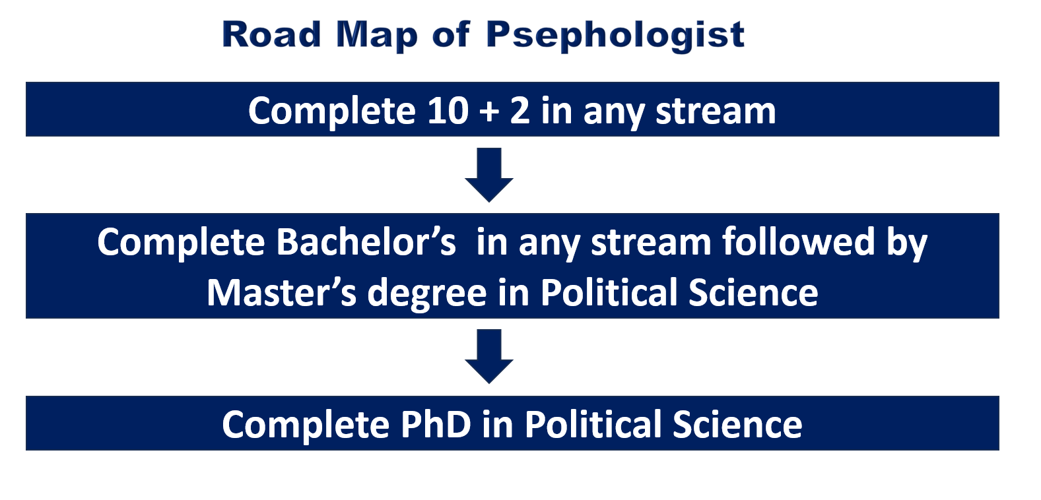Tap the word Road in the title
point(271,34)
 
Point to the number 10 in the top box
point(448,111)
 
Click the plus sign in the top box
point(489,113)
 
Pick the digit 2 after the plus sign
point(520,111)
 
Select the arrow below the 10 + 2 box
point(489,175)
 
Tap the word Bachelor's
point(366,242)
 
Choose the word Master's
point(282,292)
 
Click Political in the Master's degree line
point(609,292)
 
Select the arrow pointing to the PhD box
point(489,357)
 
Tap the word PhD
point(436,424)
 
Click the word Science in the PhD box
point(737,424)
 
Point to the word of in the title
point(451,34)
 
